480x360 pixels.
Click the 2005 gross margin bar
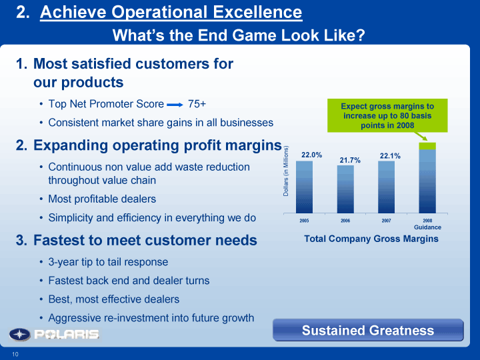(x=304, y=187)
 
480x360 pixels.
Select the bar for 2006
(x=345, y=189)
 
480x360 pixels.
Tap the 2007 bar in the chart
(x=386, y=187)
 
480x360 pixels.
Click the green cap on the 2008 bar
(x=427, y=146)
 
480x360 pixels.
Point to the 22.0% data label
(x=311, y=155)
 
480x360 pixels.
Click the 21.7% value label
(x=350, y=160)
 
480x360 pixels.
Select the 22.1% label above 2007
(x=390, y=156)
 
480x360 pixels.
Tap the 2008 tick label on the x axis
(x=427, y=221)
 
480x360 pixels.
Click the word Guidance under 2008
(x=427, y=227)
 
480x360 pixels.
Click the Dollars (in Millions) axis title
(x=286, y=171)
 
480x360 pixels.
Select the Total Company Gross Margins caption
(x=371, y=239)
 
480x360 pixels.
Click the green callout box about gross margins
(x=387, y=115)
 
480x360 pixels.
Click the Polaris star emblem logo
(x=19, y=334)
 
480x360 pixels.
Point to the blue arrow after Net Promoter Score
(x=175, y=105)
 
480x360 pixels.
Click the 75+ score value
(x=197, y=104)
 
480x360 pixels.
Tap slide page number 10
(x=15, y=354)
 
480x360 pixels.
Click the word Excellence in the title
(x=257, y=12)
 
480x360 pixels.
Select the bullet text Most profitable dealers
(x=102, y=199)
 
